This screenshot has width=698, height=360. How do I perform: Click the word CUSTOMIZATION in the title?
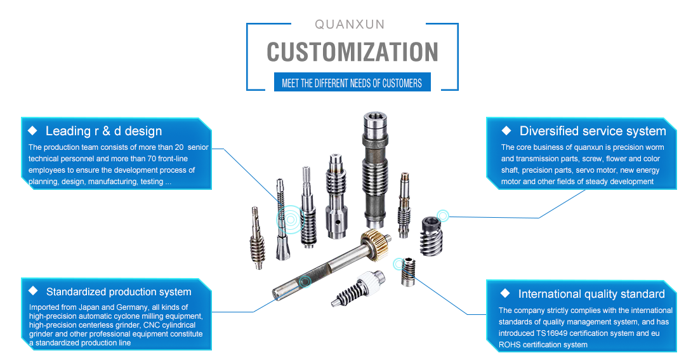tap(352, 52)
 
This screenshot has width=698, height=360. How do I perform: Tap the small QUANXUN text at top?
tap(350, 24)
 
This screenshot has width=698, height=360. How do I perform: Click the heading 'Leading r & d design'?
tap(103, 131)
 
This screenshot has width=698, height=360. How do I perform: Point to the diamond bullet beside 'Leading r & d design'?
tap(32, 131)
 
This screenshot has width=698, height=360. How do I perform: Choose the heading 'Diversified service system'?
tap(592, 131)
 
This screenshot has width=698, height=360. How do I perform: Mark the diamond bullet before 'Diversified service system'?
tap(506, 131)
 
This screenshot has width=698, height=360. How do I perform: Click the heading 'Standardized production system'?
tap(119, 292)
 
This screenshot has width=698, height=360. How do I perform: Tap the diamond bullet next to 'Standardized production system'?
tap(33, 291)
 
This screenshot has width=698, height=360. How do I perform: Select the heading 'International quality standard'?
tap(591, 294)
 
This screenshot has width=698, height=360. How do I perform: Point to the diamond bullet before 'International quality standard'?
tap(505, 293)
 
